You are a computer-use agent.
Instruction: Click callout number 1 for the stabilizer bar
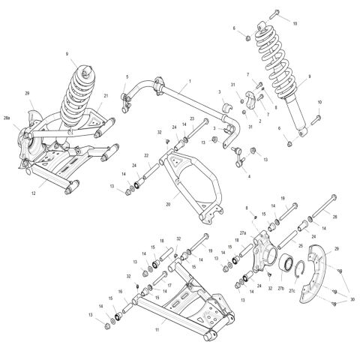point(190,81)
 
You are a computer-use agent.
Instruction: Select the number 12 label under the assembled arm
point(33,194)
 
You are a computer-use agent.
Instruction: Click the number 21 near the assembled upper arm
point(106,95)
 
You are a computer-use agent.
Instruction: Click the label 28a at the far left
point(7,119)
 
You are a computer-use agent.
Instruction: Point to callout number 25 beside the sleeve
point(300,245)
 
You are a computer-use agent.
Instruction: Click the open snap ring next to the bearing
point(298,266)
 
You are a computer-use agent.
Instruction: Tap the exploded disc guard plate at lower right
point(322,274)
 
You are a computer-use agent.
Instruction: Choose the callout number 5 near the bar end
point(127,76)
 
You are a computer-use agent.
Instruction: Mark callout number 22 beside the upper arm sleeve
point(148,156)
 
